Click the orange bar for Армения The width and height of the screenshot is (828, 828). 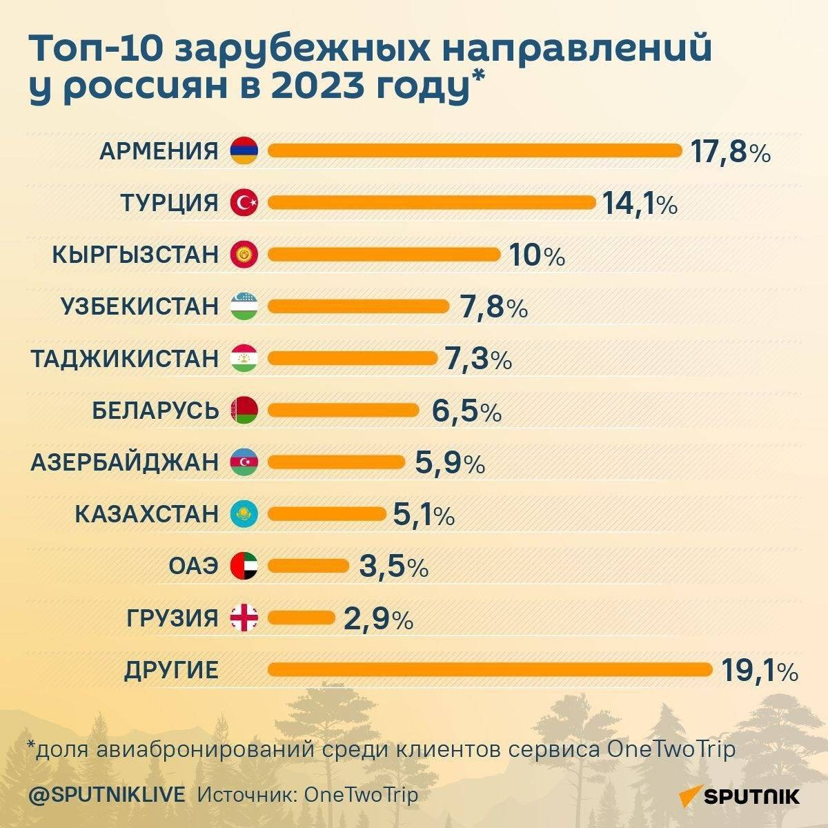coord(475,150)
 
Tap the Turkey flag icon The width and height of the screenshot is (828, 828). coord(244,202)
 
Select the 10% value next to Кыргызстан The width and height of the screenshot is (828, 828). coord(537,256)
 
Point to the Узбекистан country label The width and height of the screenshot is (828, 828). coord(140,306)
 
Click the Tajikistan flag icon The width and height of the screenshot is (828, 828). coord(244,358)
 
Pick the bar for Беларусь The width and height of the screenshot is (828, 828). coord(343,411)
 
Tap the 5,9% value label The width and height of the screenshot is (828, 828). coord(450,463)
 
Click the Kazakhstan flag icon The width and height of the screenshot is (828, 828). coord(244,514)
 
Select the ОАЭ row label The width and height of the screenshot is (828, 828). coord(193,566)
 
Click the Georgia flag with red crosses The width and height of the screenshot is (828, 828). coord(244,618)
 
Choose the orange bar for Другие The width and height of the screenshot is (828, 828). coord(490,669)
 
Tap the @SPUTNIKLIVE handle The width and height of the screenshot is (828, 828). coord(107,795)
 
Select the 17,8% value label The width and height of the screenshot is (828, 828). coord(729,152)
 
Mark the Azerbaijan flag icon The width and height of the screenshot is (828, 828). coord(244,462)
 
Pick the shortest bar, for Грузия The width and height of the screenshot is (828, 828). coord(301,618)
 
